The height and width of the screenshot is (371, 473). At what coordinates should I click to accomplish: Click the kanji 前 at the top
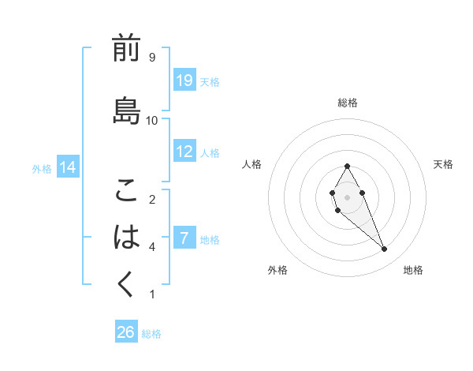coord(126,49)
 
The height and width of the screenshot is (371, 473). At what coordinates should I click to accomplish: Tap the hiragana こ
coord(126,190)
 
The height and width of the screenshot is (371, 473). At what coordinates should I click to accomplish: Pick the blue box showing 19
coord(184,81)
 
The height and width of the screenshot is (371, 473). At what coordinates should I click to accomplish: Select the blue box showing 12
coord(184,152)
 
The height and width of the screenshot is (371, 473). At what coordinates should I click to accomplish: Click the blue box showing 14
coord(67,167)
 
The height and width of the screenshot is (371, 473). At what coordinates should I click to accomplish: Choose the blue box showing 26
coord(126,332)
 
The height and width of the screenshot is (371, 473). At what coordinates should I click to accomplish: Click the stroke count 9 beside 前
coord(151,58)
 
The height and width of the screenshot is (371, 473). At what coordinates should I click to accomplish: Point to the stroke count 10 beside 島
coord(153,120)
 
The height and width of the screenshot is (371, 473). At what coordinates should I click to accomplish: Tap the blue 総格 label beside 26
coord(151,334)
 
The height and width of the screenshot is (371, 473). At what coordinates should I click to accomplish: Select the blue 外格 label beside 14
coord(42,168)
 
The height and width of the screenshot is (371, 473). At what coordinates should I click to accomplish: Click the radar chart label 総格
coord(347,103)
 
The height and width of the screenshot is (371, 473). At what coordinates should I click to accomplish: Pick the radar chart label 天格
coord(443,164)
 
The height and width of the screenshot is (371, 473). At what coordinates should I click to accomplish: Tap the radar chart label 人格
coord(251,164)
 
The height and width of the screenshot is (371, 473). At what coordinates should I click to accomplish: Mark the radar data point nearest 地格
coord(384,249)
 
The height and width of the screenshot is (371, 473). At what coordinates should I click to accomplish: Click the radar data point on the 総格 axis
coord(347,166)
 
